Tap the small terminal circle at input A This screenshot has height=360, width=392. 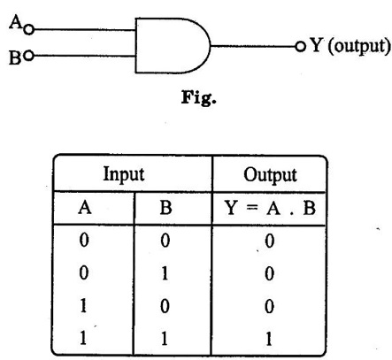[28, 29]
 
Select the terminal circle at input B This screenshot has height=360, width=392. [28, 56]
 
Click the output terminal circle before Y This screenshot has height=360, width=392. [300, 46]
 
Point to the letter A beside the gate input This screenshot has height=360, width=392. [15, 22]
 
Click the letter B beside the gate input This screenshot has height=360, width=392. [15, 57]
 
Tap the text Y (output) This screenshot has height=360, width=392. [350, 46]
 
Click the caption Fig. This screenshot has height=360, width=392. [198, 97]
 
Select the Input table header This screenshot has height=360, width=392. [124, 174]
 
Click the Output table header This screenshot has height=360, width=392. [270, 175]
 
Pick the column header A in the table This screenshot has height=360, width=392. [85, 208]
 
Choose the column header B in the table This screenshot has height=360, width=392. [165, 208]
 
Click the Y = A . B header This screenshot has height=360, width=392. [270, 208]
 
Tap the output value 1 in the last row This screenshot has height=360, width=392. [268, 339]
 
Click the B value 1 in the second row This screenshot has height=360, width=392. [165, 273]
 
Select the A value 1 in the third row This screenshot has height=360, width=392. [83, 306]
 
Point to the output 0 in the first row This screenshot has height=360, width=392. [269, 241]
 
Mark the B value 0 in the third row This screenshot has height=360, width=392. [165, 306]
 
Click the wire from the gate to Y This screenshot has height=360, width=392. [253, 46]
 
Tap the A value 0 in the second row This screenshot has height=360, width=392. [84, 272]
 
